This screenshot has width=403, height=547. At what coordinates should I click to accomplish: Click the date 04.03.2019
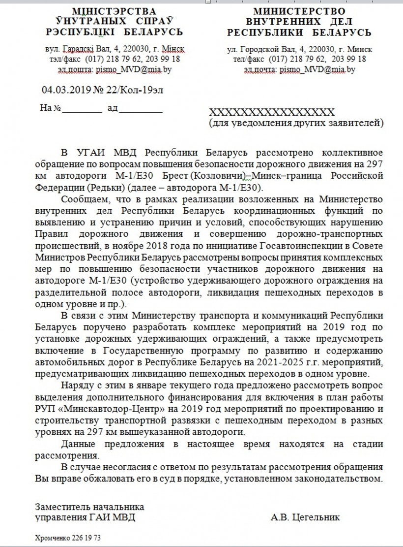tap(64, 90)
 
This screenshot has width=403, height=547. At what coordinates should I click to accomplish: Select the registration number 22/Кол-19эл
tap(126, 90)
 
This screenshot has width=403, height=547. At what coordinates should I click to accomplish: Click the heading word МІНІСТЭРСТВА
tap(108, 11)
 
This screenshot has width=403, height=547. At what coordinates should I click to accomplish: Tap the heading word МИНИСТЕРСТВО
tap(299, 11)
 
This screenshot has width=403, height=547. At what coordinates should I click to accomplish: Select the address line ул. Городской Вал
tap(300, 50)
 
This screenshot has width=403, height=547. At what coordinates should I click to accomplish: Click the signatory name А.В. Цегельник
tap(305, 517)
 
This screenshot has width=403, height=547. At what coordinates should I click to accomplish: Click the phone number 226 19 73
tap(88, 538)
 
